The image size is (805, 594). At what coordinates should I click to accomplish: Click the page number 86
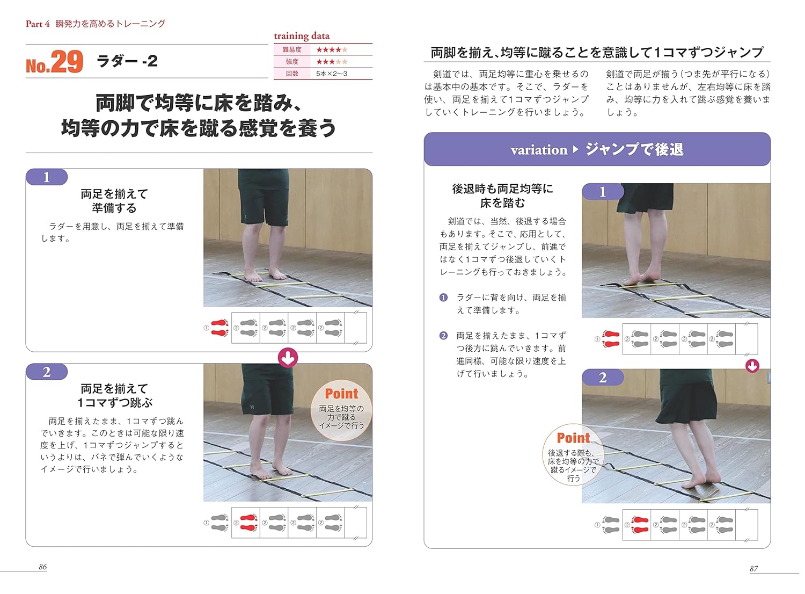pos(43,567)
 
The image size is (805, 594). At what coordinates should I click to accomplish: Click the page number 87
pos(753,569)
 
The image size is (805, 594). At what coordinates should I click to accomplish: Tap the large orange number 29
pos(67,62)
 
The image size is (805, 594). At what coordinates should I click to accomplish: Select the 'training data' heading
pos(302,36)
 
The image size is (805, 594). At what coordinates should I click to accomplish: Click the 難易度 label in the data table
pos(292,50)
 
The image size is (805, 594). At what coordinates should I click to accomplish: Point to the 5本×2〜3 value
pos(331,74)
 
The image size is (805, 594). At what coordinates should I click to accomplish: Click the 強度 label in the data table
pos(292,62)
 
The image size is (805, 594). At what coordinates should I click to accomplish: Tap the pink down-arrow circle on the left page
pos(288,358)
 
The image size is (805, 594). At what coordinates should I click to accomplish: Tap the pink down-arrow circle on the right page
pos(752,366)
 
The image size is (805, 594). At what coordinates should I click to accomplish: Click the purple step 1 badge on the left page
pos(47,177)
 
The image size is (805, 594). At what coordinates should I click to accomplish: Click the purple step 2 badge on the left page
pos(47,372)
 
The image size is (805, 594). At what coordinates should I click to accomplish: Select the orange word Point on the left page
pos(341,394)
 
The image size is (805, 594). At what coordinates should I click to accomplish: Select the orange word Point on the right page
pos(573,438)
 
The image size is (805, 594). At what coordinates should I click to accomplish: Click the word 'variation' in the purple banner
pos(539,150)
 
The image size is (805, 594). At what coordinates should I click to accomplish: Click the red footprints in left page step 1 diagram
pos(219,328)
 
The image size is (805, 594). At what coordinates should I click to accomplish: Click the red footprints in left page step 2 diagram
pos(248,523)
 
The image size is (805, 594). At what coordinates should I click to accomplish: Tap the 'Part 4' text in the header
pos(38,24)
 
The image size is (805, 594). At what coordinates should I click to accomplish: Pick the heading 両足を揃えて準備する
pos(114,201)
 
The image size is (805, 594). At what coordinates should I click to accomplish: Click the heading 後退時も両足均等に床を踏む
pos(502,195)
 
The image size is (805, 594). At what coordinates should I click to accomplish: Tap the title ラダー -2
pos(127,61)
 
